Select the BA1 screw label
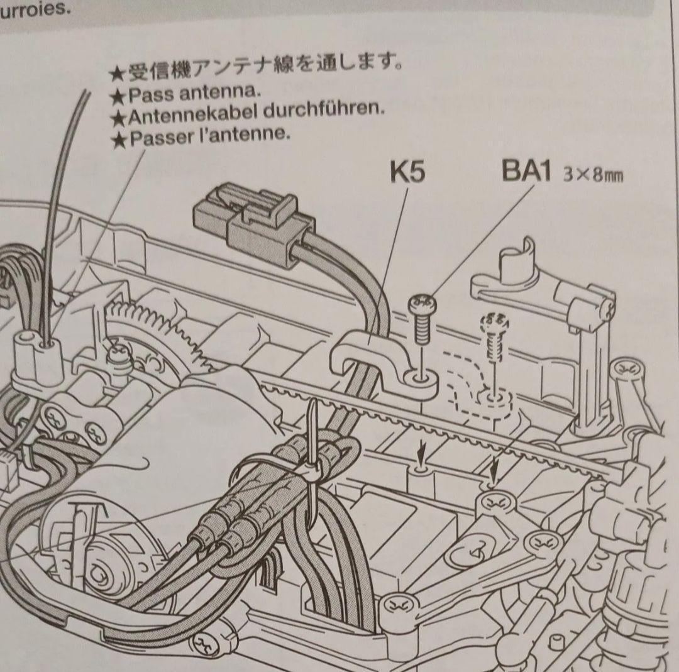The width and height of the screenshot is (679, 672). click(526, 172)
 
